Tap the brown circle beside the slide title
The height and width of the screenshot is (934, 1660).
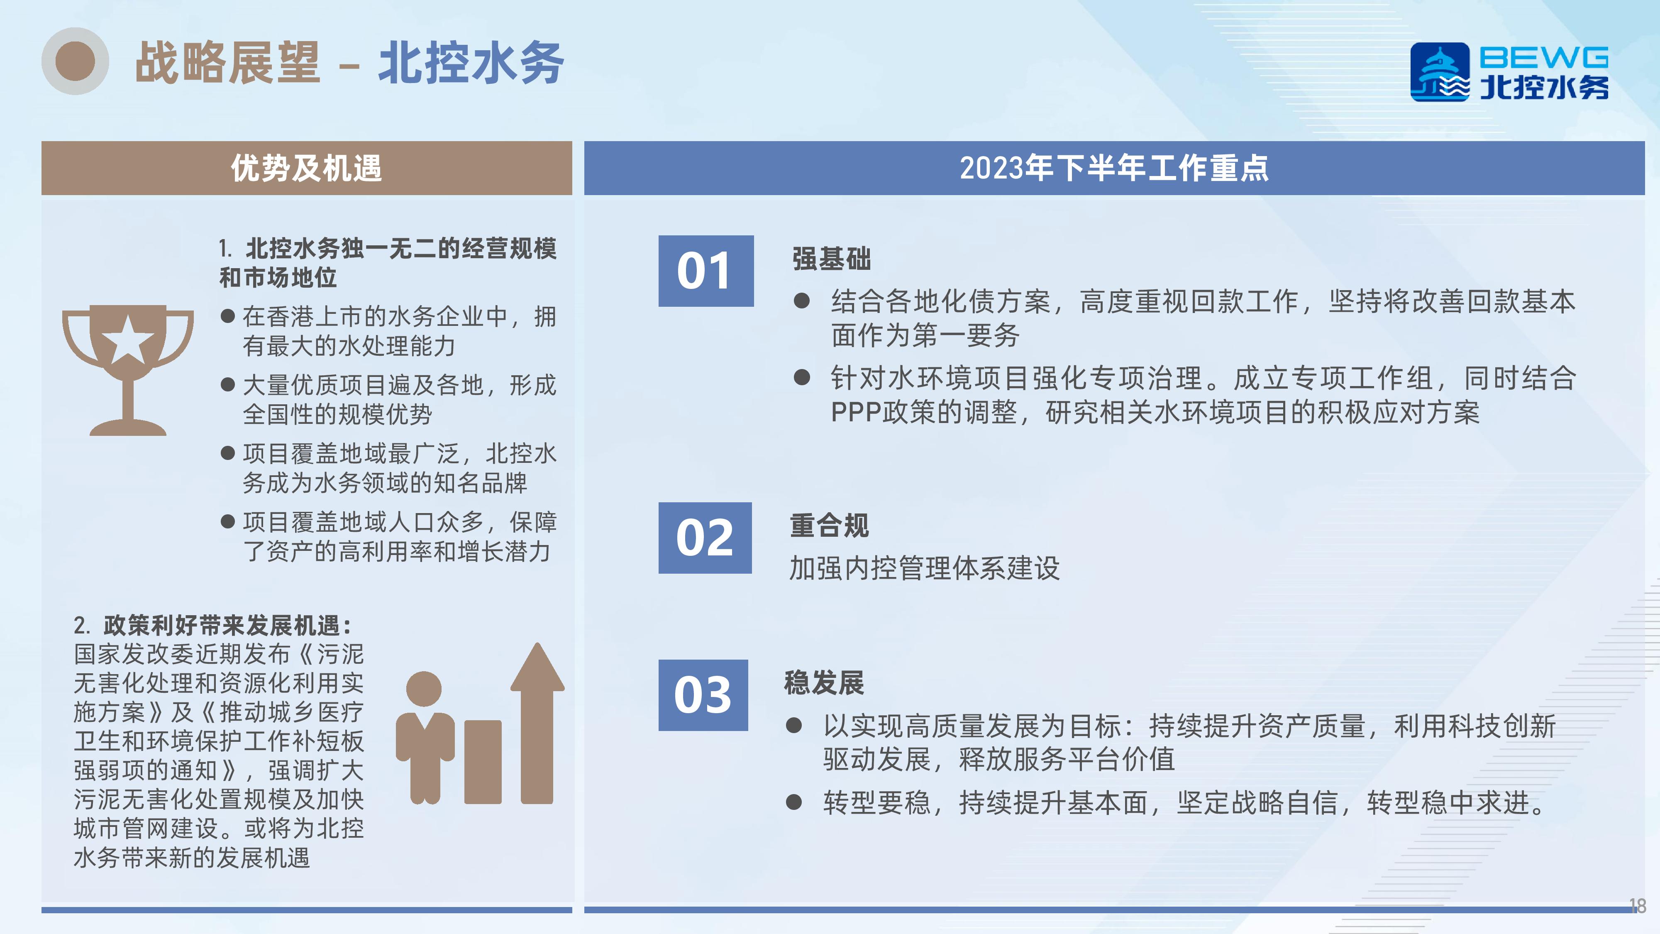pos(76,61)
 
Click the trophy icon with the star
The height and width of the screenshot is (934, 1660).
pos(127,370)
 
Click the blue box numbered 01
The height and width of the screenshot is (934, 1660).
pos(705,271)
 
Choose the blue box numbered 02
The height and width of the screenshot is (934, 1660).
pos(705,538)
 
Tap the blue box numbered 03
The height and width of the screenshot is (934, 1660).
pos(703,695)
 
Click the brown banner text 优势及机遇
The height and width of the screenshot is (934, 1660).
pos(307,168)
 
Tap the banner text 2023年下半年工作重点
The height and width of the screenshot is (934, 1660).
pos(1114,168)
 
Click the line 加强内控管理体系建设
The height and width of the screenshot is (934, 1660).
pos(925,569)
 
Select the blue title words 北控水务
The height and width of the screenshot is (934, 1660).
pos(471,63)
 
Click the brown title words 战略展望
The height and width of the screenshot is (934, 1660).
pos(227,63)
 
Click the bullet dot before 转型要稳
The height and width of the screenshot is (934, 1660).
pos(794,802)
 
